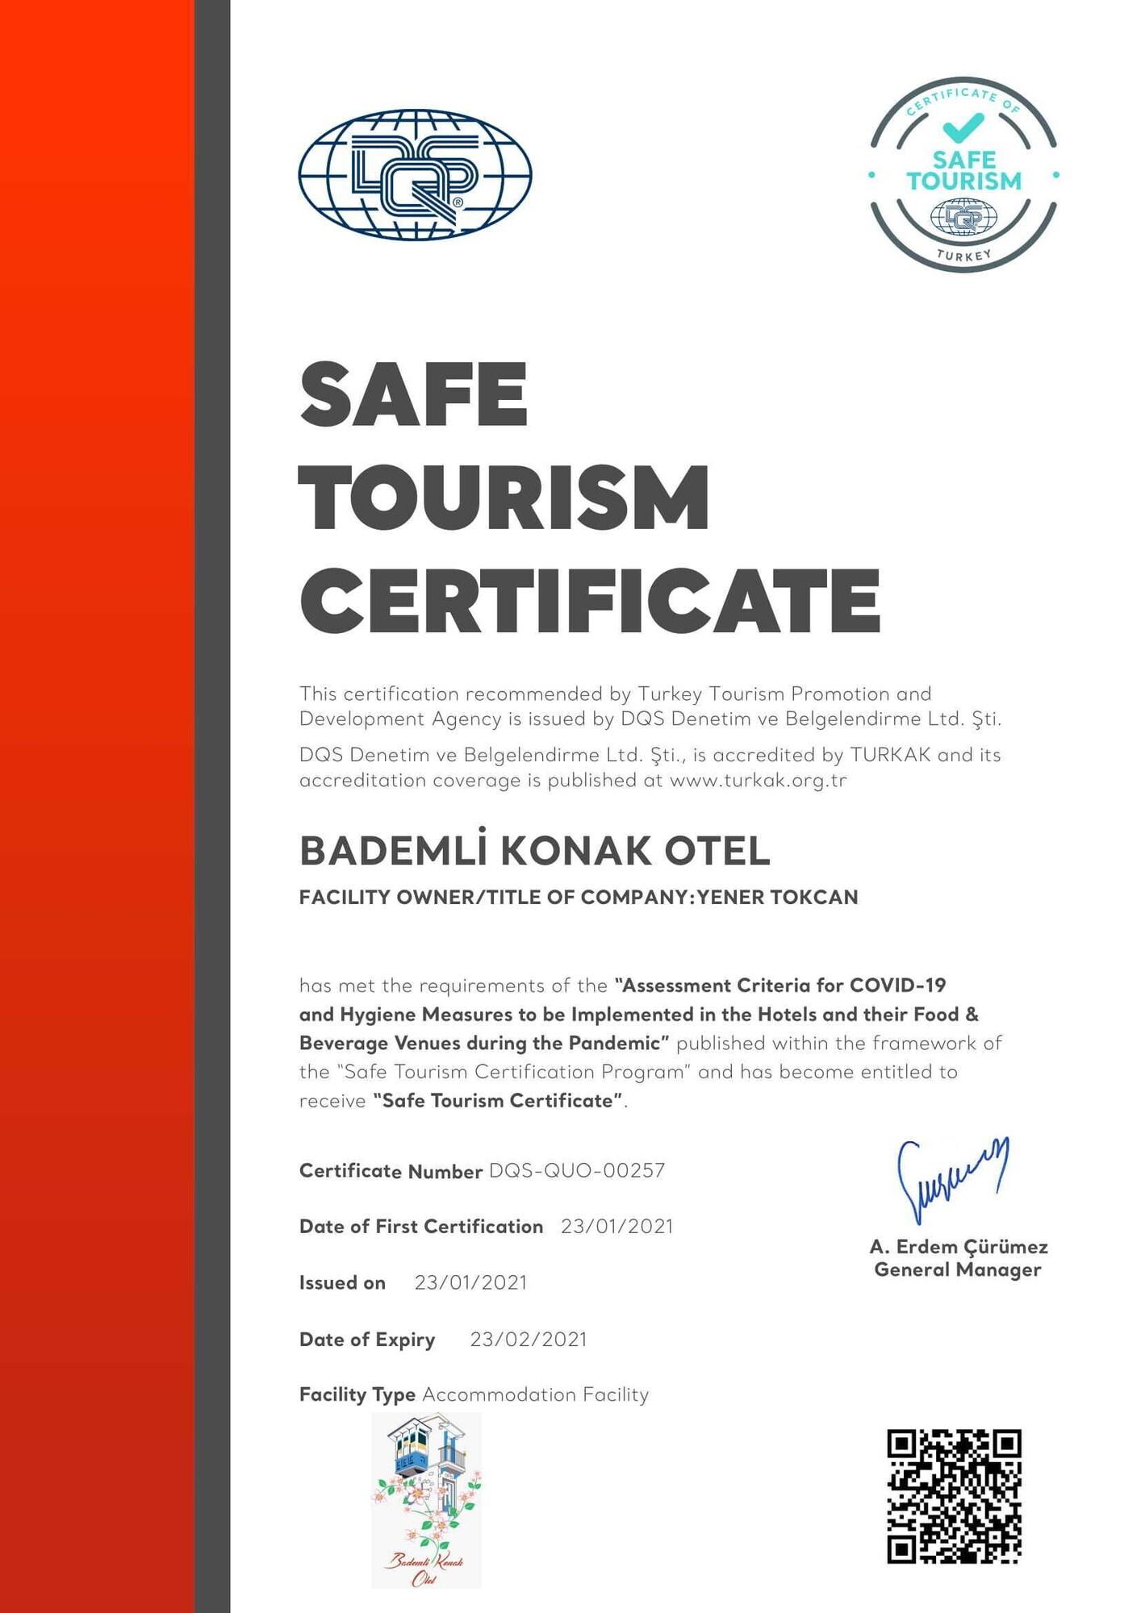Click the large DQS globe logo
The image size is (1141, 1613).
tap(415, 174)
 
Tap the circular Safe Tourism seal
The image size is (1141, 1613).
tap(963, 175)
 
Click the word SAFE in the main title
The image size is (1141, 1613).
tap(413, 394)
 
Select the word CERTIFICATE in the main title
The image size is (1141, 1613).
tap(590, 600)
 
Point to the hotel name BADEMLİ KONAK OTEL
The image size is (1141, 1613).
tap(534, 850)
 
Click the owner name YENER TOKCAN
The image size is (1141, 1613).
tap(777, 897)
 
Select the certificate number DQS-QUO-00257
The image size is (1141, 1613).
tap(577, 1170)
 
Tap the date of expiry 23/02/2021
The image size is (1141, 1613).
tap(529, 1339)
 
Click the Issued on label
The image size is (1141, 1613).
tap(342, 1282)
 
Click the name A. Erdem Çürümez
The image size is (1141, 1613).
tap(959, 1247)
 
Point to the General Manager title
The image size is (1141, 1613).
tap(958, 1269)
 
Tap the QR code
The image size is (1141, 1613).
tap(954, 1496)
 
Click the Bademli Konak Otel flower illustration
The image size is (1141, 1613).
tap(426, 1500)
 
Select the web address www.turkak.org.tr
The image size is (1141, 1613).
tap(758, 780)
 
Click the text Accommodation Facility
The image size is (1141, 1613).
tap(535, 1394)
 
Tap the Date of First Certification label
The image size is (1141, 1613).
tap(420, 1226)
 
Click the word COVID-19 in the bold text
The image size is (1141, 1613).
tap(898, 985)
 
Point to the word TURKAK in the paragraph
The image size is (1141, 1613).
tap(890, 755)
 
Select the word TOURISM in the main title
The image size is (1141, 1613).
tap(504, 498)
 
